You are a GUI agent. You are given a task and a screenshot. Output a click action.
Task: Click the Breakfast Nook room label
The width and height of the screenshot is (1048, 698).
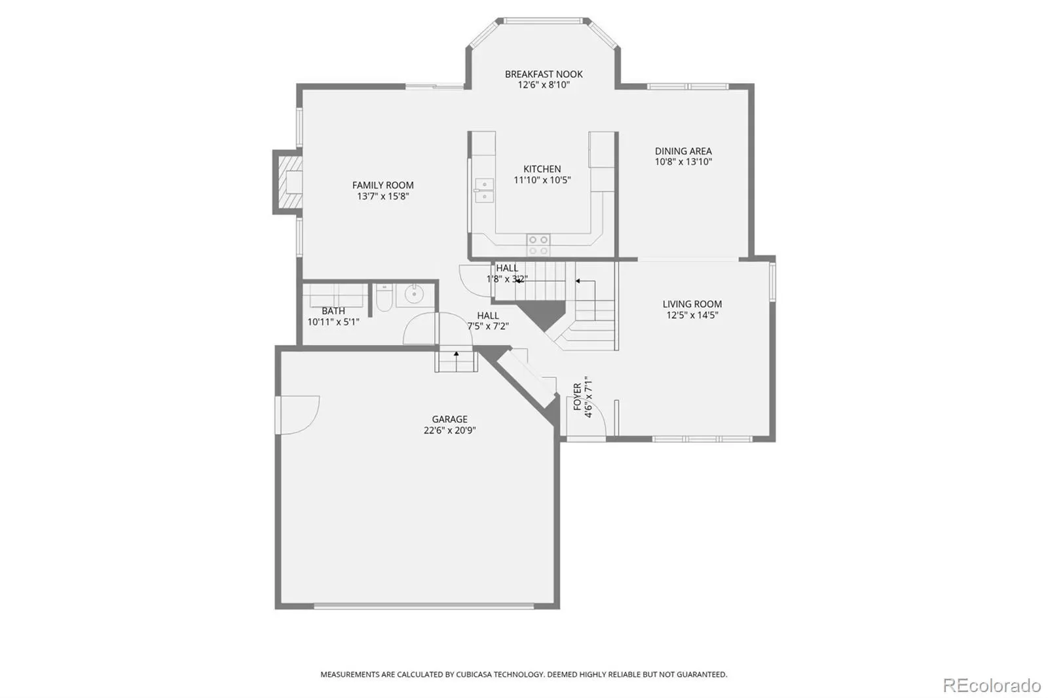pyautogui.click(x=544, y=74)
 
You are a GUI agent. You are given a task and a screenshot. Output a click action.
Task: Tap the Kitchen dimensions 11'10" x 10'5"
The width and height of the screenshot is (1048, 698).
pyautogui.click(x=542, y=180)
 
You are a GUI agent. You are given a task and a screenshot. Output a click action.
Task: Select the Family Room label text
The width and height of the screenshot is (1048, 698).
pyautogui.click(x=383, y=185)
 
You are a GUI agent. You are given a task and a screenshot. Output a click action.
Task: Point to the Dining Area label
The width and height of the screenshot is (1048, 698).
pyautogui.click(x=683, y=151)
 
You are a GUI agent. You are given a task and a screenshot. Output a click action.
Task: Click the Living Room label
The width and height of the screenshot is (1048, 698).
pyautogui.click(x=692, y=304)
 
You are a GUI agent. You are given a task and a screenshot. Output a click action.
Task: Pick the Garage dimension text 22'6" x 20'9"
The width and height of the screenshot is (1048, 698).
pyautogui.click(x=449, y=430)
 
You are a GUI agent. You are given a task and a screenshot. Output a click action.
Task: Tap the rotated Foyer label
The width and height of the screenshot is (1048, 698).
pyautogui.click(x=577, y=397)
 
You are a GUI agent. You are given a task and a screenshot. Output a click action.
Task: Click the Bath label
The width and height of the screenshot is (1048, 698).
pyautogui.click(x=333, y=311)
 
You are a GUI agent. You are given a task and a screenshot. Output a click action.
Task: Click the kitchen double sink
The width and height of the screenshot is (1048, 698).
pyautogui.click(x=484, y=190)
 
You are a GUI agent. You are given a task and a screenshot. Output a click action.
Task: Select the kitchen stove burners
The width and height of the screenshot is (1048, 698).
pyautogui.click(x=538, y=245)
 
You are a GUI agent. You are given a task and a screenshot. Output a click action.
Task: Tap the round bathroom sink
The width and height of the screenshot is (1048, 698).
pyautogui.click(x=413, y=294)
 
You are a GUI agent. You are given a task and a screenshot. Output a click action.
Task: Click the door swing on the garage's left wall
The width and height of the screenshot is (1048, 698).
pyautogui.click(x=297, y=415)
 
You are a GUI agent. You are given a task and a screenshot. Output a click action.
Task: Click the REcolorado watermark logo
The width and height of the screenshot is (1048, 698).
pyautogui.click(x=992, y=686)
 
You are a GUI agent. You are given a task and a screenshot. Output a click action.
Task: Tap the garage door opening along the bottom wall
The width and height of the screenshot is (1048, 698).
pyautogui.click(x=423, y=606)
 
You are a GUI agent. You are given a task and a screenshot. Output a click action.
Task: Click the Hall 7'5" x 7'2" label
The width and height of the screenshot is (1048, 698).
pyautogui.click(x=488, y=321)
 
